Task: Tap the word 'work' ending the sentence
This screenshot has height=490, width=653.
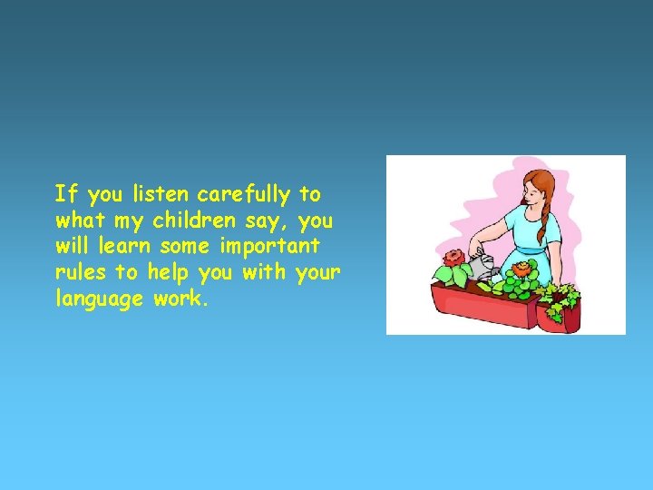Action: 181,299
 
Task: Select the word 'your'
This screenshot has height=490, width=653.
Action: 318,272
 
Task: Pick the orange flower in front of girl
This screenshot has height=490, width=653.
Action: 521,269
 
